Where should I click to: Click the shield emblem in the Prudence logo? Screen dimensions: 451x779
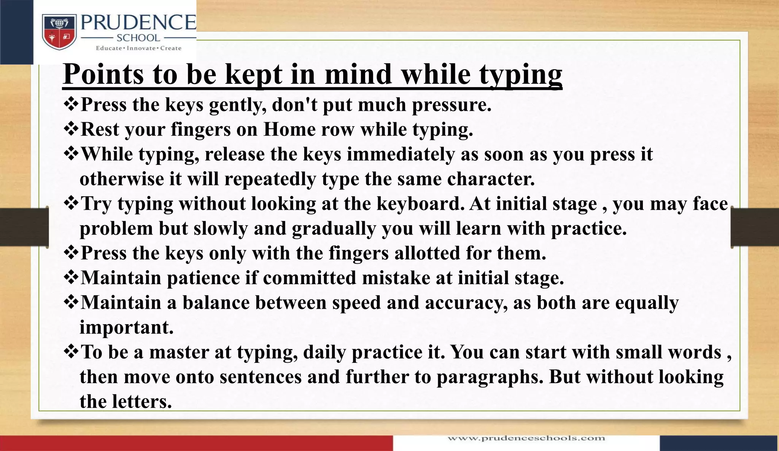(59, 32)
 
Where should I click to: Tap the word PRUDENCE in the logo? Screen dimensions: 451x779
(138, 23)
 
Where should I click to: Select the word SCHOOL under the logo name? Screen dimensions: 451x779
(138, 38)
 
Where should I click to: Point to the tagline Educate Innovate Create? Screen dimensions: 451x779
(138, 48)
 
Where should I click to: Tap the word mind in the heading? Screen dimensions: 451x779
(358, 74)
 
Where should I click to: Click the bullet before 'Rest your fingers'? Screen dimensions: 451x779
(71, 129)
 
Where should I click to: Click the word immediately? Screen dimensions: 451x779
(401, 155)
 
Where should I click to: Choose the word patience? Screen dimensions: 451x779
(203, 278)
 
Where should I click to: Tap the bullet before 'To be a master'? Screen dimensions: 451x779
(71, 352)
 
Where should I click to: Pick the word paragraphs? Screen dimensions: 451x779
(490, 377)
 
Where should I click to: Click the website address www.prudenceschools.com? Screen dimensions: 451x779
(526, 438)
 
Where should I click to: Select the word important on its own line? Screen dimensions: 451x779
(126, 328)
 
